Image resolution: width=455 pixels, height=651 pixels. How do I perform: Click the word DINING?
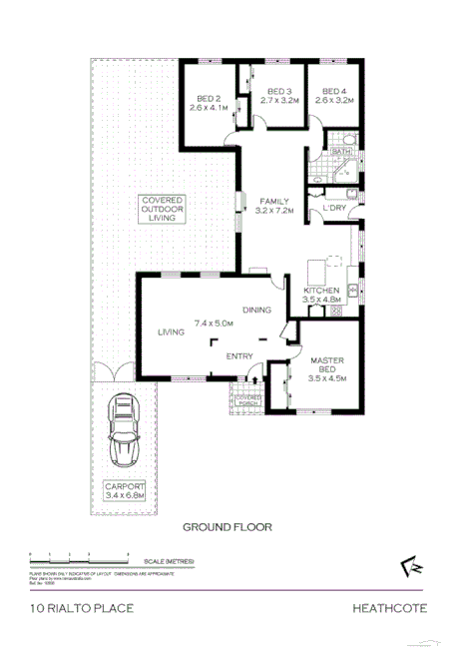(256, 310)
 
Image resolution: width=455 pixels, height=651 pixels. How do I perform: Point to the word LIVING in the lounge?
(172, 331)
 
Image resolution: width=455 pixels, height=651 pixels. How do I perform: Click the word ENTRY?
(239, 356)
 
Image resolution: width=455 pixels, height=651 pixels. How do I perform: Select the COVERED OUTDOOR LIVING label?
(162, 209)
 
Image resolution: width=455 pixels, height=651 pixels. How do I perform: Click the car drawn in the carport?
(124, 432)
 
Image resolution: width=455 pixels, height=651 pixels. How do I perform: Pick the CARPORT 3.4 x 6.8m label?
(125, 490)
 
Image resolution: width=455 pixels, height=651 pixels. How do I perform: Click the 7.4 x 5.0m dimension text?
(215, 323)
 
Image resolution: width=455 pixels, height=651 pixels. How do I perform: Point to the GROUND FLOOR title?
(227, 527)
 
